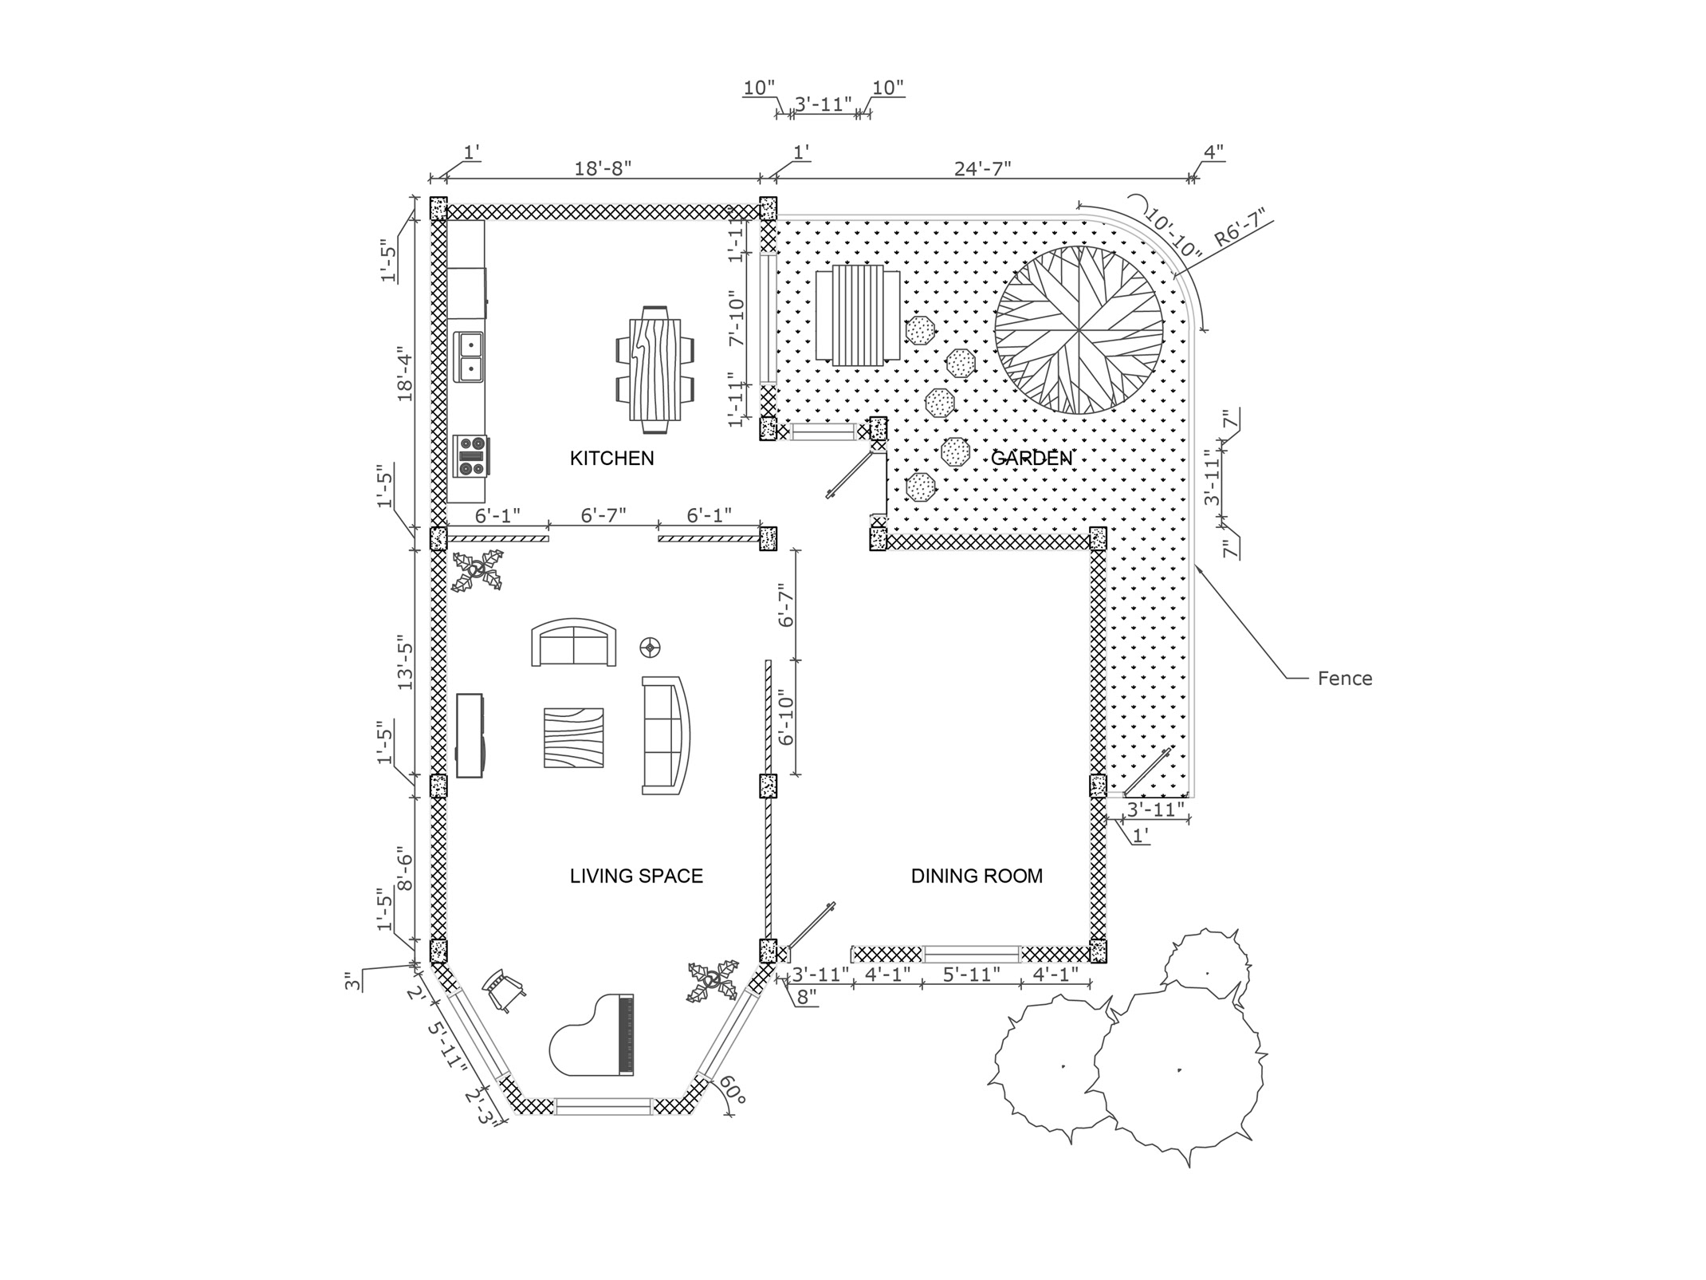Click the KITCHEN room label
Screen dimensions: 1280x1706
(x=611, y=459)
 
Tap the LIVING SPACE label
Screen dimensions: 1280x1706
(x=636, y=876)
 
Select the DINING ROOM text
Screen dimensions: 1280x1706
(x=977, y=876)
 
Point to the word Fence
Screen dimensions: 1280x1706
(x=1344, y=679)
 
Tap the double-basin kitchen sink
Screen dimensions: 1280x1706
(x=470, y=356)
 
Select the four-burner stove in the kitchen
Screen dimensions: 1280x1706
(x=470, y=455)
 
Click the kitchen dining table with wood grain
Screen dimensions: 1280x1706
(x=655, y=369)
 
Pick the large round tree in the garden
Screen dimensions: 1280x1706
(x=1078, y=329)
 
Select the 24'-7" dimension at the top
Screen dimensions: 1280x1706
(x=982, y=168)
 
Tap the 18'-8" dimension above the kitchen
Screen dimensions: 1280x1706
(x=603, y=168)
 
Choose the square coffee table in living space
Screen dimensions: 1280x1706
(x=573, y=738)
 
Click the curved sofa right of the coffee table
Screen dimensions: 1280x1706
(x=666, y=735)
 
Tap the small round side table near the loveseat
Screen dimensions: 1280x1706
(x=651, y=648)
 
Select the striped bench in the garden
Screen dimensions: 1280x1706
(x=858, y=316)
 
